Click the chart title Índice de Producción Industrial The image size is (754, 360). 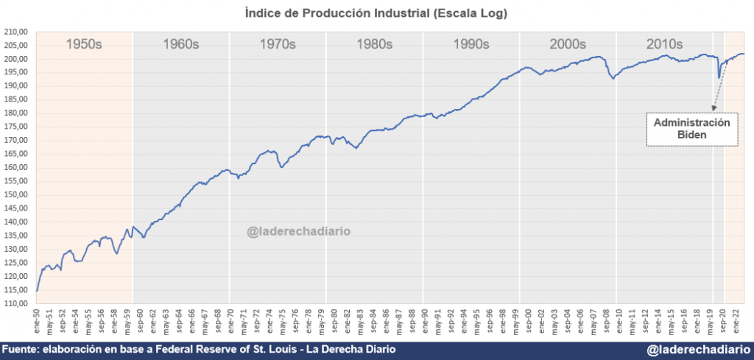pos(376,13)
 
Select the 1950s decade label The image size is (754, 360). pos(84,44)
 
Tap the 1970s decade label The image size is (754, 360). pos(278,44)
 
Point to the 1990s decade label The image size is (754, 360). pos(471,44)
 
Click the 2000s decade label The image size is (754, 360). pos(568,44)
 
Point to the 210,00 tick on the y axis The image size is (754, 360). pos(16,32)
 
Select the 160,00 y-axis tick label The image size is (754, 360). pos(16,168)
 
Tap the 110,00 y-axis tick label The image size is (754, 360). pos(16,303)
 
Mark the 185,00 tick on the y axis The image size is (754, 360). pos(16,99)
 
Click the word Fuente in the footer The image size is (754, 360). pos(21,350)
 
